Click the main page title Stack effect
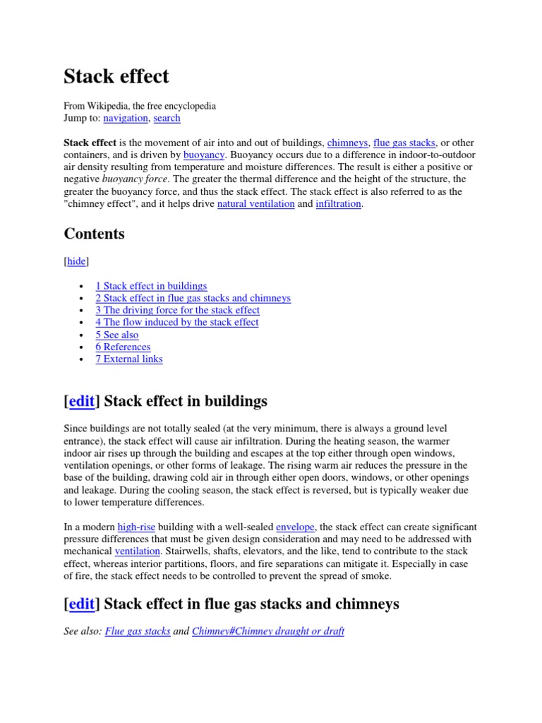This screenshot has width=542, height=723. (116, 76)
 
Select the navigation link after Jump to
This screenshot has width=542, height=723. (126, 118)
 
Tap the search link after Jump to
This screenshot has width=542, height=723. (167, 118)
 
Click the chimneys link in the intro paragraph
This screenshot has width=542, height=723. (347, 142)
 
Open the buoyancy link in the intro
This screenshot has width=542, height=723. (204, 154)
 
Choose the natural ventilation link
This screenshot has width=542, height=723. (255, 203)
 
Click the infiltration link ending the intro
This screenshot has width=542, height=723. (338, 203)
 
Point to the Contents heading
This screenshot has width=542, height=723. (94, 234)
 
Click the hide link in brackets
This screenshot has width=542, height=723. (76, 261)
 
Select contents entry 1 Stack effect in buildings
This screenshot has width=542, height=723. (151, 286)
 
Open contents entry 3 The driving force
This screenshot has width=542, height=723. (177, 310)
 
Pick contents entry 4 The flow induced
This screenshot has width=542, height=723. (176, 322)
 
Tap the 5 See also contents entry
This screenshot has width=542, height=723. (117, 335)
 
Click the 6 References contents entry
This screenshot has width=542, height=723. (123, 347)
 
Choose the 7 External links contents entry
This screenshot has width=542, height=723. (129, 359)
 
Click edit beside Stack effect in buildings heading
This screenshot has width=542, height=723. (81, 402)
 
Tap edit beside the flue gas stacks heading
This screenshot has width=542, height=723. (81, 604)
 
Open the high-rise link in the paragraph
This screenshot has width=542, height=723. (137, 527)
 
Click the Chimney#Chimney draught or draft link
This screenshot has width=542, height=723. (268, 631)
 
